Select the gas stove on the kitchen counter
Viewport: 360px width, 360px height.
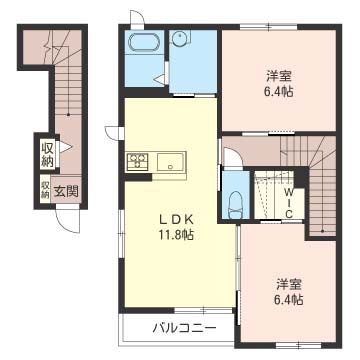pyautogui.click(x=137, y=160)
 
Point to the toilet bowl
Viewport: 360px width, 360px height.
pyautogui.click(x=234, y=202)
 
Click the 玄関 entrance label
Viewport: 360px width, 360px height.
pyautogui.click(x=66, y=190)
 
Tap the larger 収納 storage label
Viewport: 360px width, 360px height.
pyautogui.click(x=47, y=154)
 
